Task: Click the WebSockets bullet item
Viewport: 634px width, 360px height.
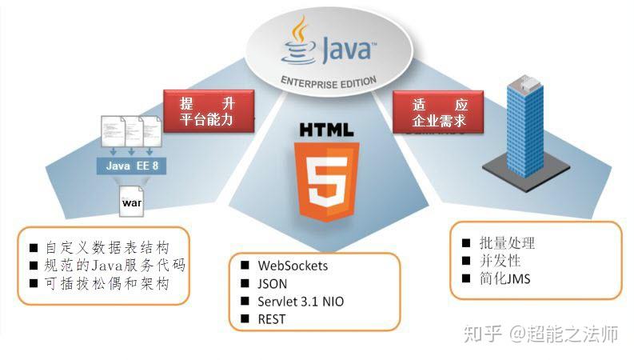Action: (x=293, y=266)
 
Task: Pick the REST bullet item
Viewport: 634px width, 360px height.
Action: (x=271, y=320)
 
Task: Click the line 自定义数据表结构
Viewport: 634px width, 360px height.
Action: (x=117, y=247)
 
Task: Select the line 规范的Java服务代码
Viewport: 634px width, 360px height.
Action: (x=117, y=265)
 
